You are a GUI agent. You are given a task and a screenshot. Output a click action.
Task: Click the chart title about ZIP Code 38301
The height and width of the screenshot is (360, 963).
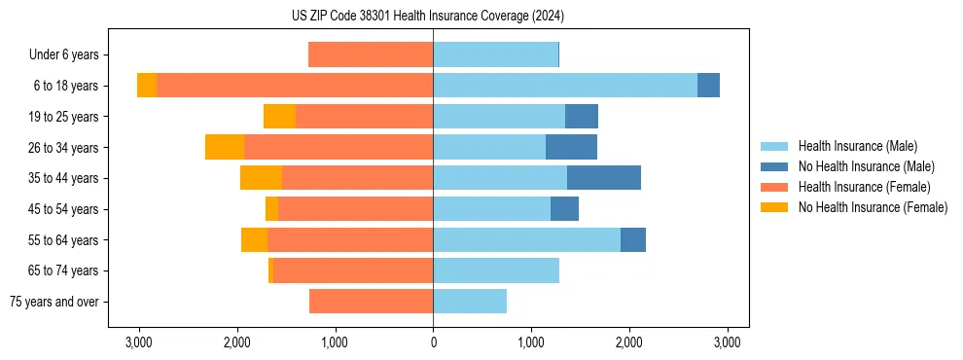(x=433, y=17)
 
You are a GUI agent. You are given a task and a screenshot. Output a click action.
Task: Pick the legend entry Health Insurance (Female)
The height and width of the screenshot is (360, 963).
(x=864, y=187)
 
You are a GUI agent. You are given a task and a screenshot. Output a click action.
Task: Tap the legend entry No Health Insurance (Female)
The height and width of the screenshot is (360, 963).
(x=873, y=207)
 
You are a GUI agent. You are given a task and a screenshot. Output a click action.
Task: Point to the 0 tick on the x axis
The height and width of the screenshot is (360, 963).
(x=433, y=342)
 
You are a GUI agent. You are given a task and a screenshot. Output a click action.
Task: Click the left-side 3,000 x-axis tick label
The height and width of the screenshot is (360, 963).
(x=139, y=342)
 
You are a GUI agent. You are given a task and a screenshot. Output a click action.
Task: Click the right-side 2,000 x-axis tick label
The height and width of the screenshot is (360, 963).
(x=629, y=342)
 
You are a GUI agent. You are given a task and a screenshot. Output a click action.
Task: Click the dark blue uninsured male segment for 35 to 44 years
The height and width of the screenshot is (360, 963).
(x=604, y=178)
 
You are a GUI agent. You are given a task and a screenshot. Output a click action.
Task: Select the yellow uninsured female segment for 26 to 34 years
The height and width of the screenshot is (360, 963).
(x=225, y=147)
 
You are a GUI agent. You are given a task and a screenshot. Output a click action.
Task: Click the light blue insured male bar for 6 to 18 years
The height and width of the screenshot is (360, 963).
(x=565, y=86)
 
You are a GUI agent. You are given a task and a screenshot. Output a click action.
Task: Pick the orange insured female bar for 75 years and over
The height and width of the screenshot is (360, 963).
(x=371, y=302)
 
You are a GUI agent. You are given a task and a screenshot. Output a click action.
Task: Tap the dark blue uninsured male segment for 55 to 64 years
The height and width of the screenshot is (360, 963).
(x=633, y=239)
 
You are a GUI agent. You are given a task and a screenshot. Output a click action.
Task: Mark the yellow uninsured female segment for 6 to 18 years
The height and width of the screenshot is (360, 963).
(x=147, y=86)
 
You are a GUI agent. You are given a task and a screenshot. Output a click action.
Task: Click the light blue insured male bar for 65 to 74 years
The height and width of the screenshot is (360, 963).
(x=496, y=270)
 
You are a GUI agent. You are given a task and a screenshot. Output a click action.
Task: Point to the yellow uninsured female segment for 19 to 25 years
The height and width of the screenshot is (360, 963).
(x=279, y=117)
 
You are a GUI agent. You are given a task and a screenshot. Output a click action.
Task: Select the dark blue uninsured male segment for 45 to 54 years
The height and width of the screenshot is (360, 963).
(x=564, y=209)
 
